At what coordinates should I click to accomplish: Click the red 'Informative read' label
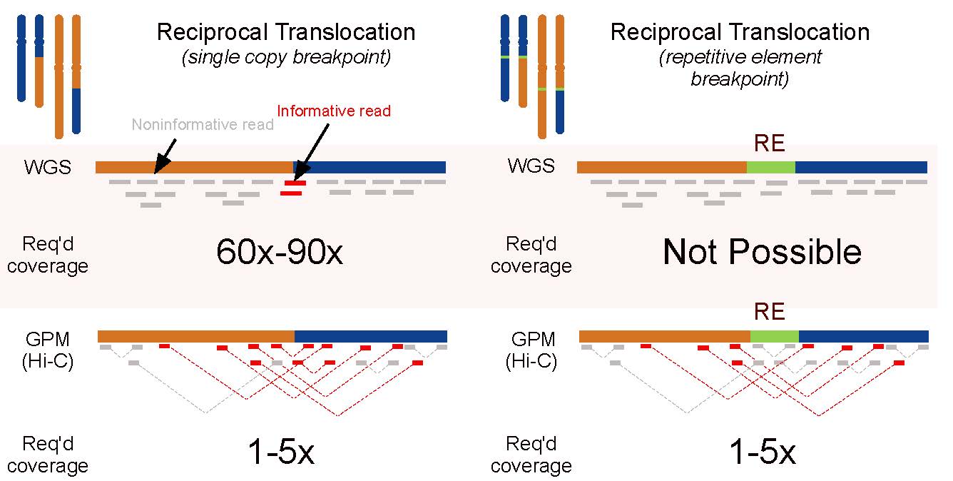pos(334,111)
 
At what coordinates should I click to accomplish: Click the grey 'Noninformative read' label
pos(203,125)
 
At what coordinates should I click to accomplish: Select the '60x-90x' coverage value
pos(280,253)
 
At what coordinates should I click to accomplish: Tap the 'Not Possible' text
pos(762,253)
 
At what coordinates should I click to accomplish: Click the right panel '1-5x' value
pos(762,453)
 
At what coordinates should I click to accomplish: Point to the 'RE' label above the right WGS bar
pos(770,144)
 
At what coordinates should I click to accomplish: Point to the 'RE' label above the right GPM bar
pos(770,312)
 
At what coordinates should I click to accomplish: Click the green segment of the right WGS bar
pos(770,167)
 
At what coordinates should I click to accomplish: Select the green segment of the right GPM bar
pos(774,336)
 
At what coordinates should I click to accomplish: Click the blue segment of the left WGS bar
pos(370,167)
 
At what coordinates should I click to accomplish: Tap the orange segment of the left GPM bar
pos(196,336)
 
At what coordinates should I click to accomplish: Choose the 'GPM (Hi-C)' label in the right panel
pos(531,350)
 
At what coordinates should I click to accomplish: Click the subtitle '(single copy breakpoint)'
pos(286,58)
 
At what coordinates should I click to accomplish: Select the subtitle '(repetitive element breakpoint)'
pos(740,68)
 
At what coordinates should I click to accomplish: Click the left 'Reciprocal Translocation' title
pos(286,32)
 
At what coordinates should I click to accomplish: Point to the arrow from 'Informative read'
pos(314,151)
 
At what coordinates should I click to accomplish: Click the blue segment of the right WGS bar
pos(861,167)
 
